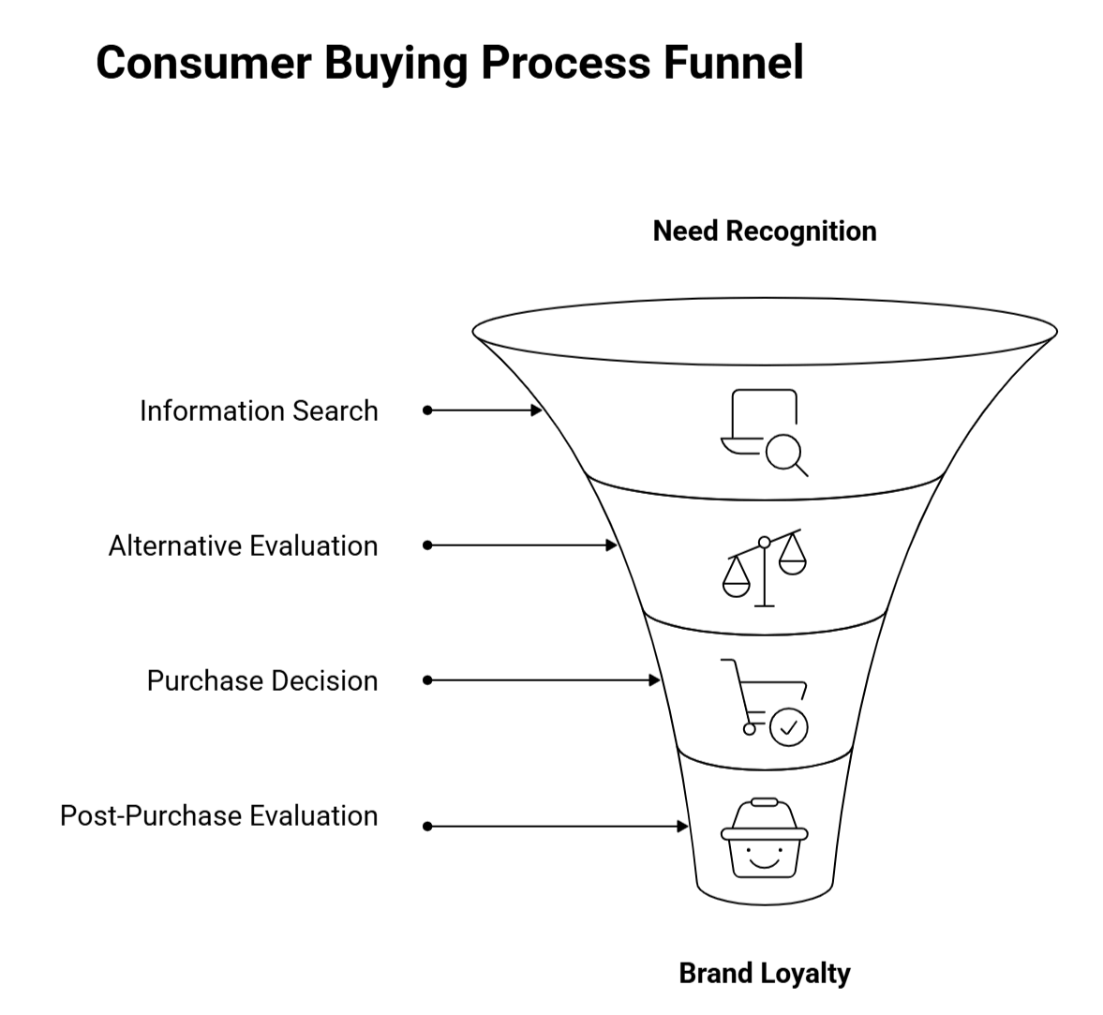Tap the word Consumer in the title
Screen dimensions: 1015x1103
click(203, 63)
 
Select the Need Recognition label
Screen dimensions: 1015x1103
click(765, 231)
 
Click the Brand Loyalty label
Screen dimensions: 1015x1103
click(765, 973)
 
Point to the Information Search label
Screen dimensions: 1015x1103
click(259, 410)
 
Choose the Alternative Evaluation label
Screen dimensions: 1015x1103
click(243, 545)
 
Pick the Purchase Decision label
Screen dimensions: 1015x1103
click(262, 680)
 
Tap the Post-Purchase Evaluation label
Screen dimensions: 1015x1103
click(219, 815)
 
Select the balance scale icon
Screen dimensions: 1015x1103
click(765, 567)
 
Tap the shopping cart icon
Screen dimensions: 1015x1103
click(765, 702)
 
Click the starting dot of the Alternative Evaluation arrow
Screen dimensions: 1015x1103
click(427, 545)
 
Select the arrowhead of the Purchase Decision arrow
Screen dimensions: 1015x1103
click(656, 680)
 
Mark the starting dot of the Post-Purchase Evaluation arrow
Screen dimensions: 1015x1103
click(427, 827)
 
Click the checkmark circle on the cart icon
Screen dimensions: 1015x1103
click(788, 726)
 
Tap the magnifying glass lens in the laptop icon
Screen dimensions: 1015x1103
click(783, 453)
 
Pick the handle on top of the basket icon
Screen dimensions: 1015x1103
click(765, 802)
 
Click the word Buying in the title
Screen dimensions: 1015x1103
click(395, 63)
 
